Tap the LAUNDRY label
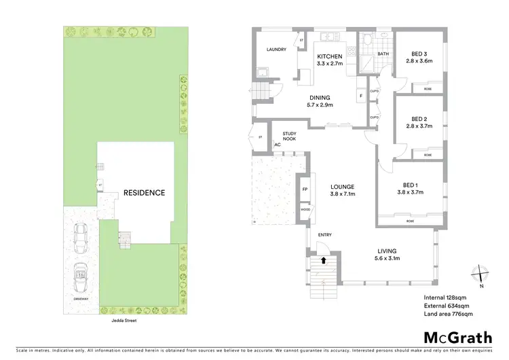pos(276,50)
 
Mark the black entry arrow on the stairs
pos(324,259)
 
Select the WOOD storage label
pos(305,210)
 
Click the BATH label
pos(383,54)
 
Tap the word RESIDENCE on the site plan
pos(143,193)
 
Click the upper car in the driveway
pos(81,235)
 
